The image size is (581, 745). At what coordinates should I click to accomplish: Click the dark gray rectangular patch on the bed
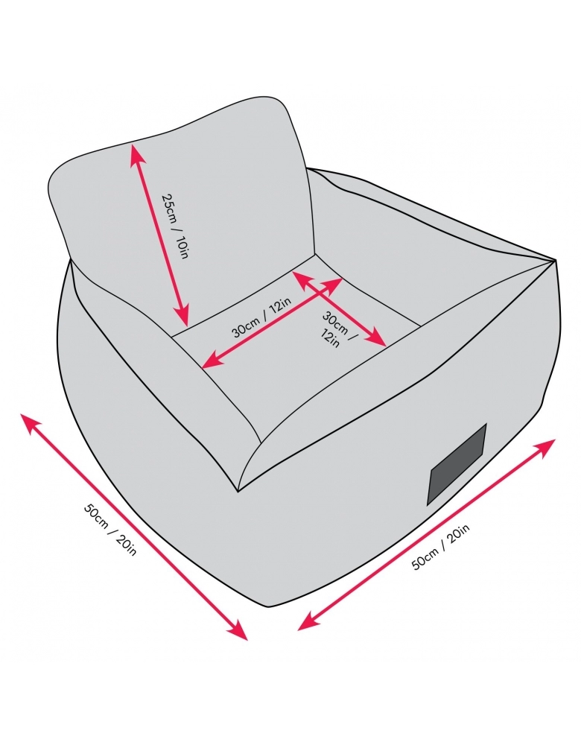point(457,464)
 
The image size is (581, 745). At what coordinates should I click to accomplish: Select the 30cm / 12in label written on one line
point(261,318)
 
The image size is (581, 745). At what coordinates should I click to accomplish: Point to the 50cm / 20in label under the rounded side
point(110,529)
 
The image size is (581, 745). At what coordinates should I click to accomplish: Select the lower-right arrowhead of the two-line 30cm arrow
point(378,340)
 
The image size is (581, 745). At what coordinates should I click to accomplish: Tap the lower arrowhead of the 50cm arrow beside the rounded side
point(240,633)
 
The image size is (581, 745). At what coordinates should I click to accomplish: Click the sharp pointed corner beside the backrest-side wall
point(556,259)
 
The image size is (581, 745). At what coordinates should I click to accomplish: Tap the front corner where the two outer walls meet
point(238,491)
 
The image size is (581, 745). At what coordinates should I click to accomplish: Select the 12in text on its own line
point(331,338)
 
